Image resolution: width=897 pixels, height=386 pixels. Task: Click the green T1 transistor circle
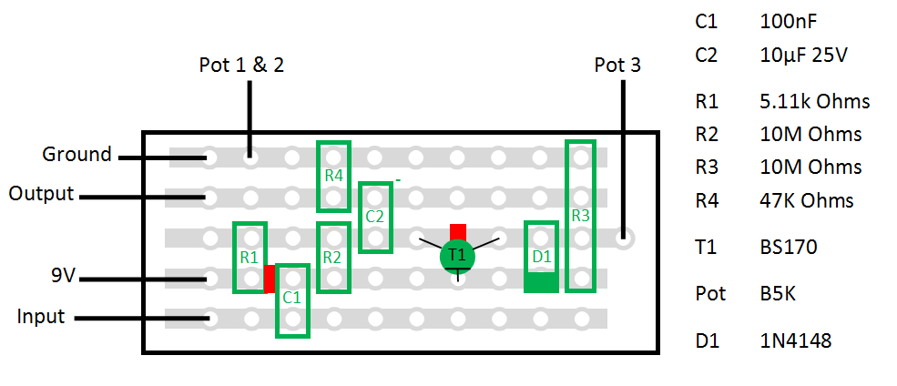click(x=457, y=256)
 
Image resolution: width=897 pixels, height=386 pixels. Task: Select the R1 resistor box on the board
click(x=250, y=258)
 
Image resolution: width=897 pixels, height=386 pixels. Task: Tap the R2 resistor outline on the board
click(x=332, y=258)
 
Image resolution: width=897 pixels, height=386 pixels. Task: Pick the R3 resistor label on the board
click(x=580, y=216)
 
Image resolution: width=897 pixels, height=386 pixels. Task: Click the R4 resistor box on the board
click(x=332, y=176)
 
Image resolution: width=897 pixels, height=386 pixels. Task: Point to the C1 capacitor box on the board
click(x=291, y=300)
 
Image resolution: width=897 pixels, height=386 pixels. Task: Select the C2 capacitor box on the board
click(x=374, y=218)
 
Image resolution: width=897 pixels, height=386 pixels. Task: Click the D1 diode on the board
click(x=541, y=258)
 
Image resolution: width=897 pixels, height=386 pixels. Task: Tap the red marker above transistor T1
click(x=457, y=231)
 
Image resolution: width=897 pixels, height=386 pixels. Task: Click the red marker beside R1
click(x=270, y=279)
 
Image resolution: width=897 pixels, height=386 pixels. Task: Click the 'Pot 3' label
click(x=617, y=66)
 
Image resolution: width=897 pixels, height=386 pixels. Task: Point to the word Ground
click(x=76, y=154)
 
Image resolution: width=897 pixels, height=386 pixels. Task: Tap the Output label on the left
click(x=42, y=194)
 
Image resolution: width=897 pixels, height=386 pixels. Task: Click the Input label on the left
click(x=41, y=317)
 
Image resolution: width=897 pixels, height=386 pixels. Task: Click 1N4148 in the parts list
click(x=795, y=341)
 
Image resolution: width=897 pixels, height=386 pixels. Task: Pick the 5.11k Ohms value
click(x=814, y=101)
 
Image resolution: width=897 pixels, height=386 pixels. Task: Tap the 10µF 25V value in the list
click(x=803, y=55)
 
